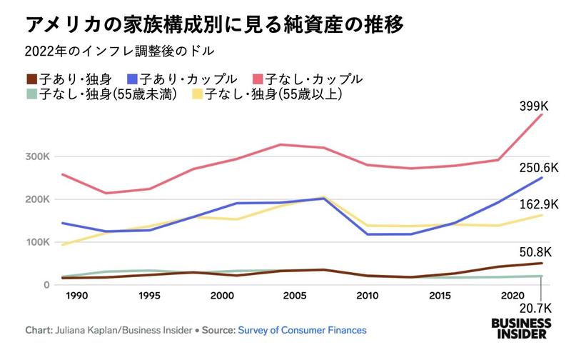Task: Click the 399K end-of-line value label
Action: pos(534,106)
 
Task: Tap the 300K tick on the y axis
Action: pos(36,156)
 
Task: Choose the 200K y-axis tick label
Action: pos(36,199)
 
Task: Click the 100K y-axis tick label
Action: pos(36,242)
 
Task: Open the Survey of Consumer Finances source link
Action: pos(302,331)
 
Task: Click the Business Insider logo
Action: pos(520,328)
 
